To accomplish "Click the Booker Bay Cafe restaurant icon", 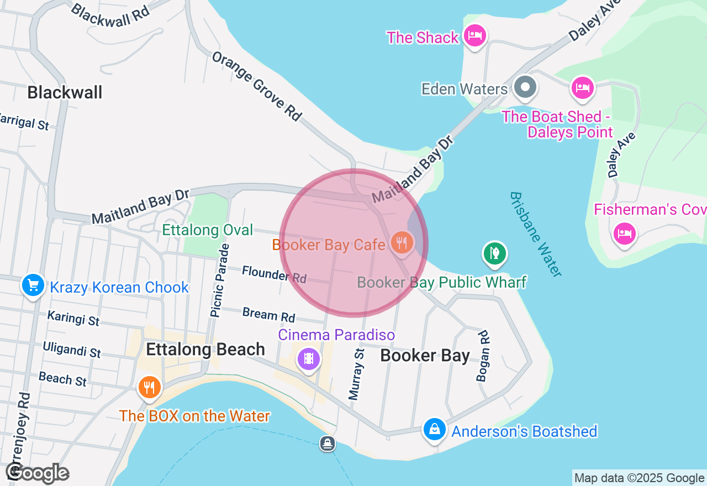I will (402, 242).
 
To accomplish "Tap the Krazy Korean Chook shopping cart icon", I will (33, 286).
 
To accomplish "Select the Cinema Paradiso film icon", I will (309, 359).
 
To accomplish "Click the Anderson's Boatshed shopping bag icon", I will (435, 430).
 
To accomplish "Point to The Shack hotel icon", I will (474, 36).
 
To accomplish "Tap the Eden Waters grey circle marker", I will (525, 87).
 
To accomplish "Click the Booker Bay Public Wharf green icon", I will (494, 253).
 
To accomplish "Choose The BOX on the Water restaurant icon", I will (149, 388).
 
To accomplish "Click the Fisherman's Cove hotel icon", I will (624, 233).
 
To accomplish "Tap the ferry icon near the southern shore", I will (328, 443).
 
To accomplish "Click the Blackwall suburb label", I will (65, 92).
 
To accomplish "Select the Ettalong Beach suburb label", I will (205, 350).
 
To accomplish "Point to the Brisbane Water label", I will (535, 234).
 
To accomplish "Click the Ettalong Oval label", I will (208, 230).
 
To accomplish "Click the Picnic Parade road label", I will (219, 281).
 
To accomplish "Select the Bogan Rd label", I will (483, 356).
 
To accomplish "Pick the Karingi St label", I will (73, 318).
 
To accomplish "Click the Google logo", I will (38, 473).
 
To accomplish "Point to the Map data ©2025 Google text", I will (639, 478).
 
